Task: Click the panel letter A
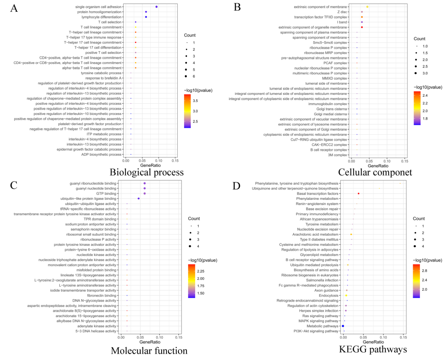click(14, 8)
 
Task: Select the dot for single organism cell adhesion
click(156, 7)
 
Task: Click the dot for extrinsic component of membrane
click(367, 7)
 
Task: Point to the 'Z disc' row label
click(342, 12)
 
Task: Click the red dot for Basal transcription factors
click(359, 193)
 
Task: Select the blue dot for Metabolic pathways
click(343, 326)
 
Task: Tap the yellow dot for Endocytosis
click(346, 295)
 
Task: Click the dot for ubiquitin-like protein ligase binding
click(139, 199)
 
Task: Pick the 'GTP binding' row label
click(106, 193)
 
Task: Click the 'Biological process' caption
click(147, 172)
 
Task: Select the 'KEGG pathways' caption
click(373, 349)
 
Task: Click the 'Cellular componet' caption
click(375, 172)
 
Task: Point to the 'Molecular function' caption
click(149, 351)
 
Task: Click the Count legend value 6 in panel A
click(194, 76)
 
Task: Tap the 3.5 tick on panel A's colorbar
click(195, 101)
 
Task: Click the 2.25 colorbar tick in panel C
click(201, 271)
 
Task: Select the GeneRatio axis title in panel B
click(378, 166)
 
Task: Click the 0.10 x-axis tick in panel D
click(383, 337)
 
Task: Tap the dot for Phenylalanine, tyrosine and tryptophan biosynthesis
click(400, 183)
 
